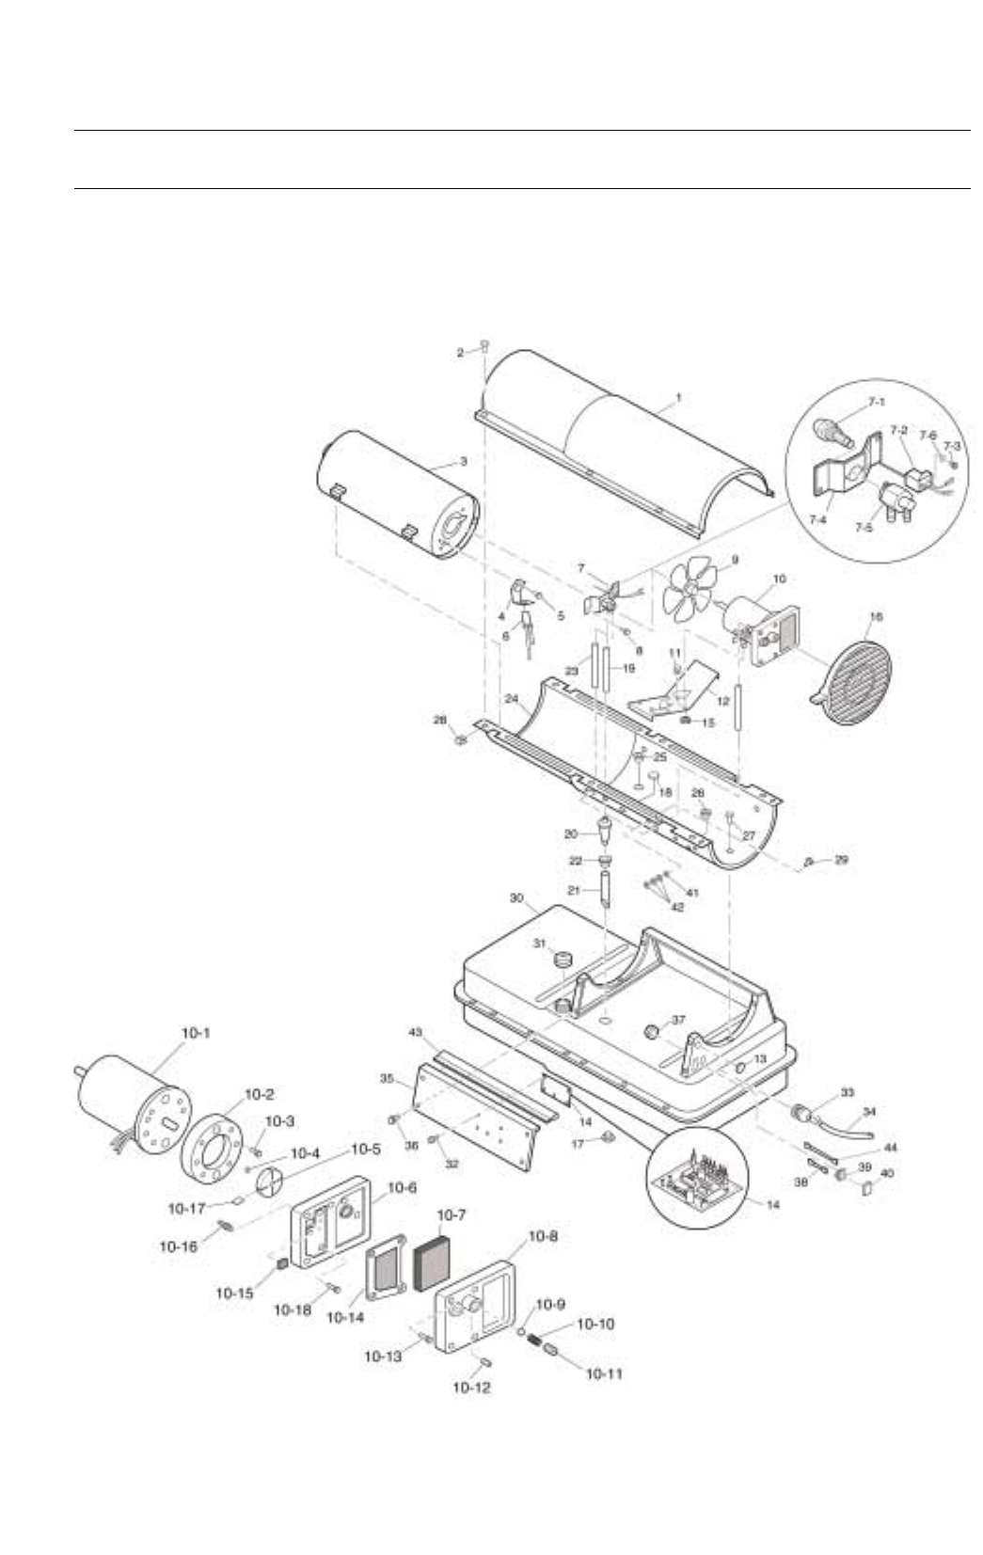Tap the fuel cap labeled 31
(x=564, y=960)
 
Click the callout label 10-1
(x=196, y=1033)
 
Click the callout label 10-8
(x=540, y=1237)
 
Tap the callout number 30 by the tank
(x=516, y=898)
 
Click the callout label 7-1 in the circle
(x=877, y=402)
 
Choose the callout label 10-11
(x=604, y=1374)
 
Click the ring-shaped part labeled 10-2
(x=217, y=1135)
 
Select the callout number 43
(x=415, y=1033)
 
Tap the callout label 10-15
(x=233, y=1293)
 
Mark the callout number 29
(x=841, y=860)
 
